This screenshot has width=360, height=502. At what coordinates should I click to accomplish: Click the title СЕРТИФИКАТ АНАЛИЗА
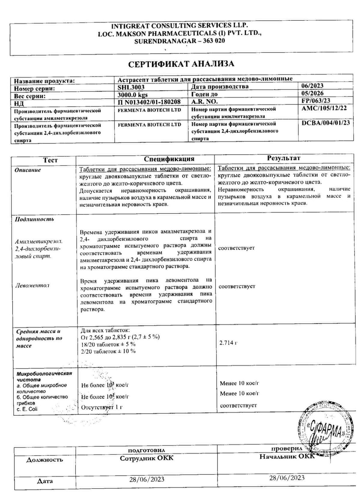(x=181, y=64)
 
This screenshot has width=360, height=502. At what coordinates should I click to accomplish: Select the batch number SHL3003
(x=131, y=87)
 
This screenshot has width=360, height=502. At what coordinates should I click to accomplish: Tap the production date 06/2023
(x=312, y=86)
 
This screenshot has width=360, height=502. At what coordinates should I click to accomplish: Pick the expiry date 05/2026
(x=312, y=93)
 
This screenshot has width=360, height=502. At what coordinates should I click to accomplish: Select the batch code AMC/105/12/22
(x=324, y=108)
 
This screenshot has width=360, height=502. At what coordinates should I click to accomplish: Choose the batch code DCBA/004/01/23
(x=325, y=123)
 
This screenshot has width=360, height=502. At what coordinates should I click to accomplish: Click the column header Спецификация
(x=169, y=159)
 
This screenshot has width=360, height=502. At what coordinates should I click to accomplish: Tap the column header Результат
(x=283, y=158)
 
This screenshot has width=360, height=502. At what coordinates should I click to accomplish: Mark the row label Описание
(x=28, y=170)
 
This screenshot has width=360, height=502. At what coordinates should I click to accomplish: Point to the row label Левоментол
(x=32, y=286)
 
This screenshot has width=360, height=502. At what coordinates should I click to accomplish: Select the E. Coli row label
(x=27, y=409)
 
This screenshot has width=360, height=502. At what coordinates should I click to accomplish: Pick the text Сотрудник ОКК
(x=146, y=459)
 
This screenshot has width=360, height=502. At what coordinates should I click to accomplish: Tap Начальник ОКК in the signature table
(x=287, y=456)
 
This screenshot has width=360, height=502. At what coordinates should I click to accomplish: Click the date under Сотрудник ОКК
(x=147, y=479)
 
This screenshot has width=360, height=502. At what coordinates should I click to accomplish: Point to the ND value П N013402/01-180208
(x=149, y=102)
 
